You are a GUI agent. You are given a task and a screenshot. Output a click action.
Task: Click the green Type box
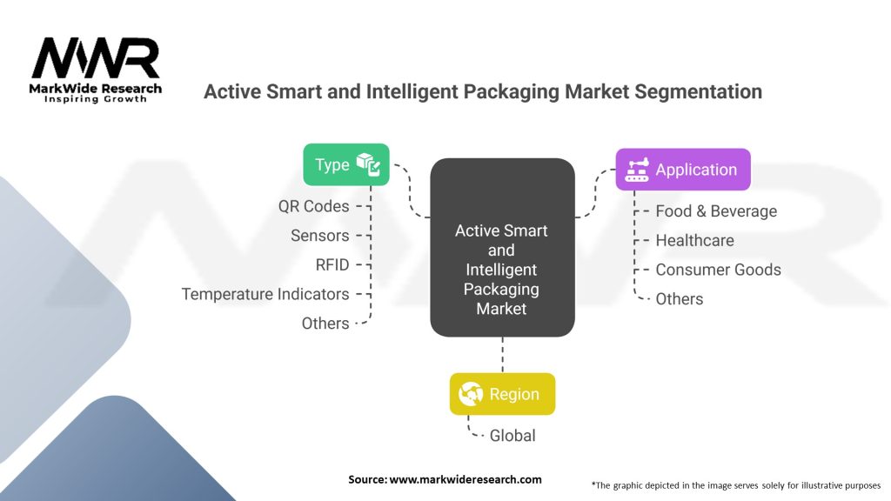(x=346, y=164)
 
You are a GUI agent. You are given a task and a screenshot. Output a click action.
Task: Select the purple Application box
(x=683, y=170)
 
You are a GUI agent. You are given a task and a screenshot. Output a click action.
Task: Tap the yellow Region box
(x=502, y=394)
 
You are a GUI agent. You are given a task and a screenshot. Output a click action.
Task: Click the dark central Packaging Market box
(x=502, y=247)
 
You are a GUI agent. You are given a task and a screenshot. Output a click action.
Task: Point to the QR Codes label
(x=313, y=206)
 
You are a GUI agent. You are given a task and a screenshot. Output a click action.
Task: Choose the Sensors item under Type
(x=320, y=235)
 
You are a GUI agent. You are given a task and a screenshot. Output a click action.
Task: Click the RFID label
(x=332, y=264)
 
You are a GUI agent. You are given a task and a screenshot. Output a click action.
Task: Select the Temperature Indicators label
(x=265, y=294)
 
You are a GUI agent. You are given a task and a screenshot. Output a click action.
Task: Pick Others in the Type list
(x=325, y=324)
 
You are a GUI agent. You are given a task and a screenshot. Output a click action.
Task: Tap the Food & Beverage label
(x=716, y=211)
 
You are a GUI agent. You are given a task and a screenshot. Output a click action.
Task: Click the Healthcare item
(x=695, y=240)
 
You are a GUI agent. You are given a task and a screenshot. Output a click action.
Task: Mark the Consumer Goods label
(x=718, y=270)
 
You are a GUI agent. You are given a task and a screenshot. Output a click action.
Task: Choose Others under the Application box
(x=680, y=299)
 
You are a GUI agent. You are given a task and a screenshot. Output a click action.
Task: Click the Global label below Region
(x=512, y=436)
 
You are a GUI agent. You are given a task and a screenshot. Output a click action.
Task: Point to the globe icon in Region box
(x=471, y=394)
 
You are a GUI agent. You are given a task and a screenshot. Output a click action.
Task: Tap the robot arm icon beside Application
(x=637, y=170)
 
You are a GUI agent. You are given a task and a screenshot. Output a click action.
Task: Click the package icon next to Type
(x=368, y=164)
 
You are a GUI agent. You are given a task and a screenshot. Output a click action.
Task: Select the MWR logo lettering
(x=96, y=58)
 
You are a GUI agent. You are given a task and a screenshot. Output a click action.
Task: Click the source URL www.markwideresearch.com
(x=466, y=479)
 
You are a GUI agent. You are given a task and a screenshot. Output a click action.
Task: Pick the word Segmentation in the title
(x=699, y=91)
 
